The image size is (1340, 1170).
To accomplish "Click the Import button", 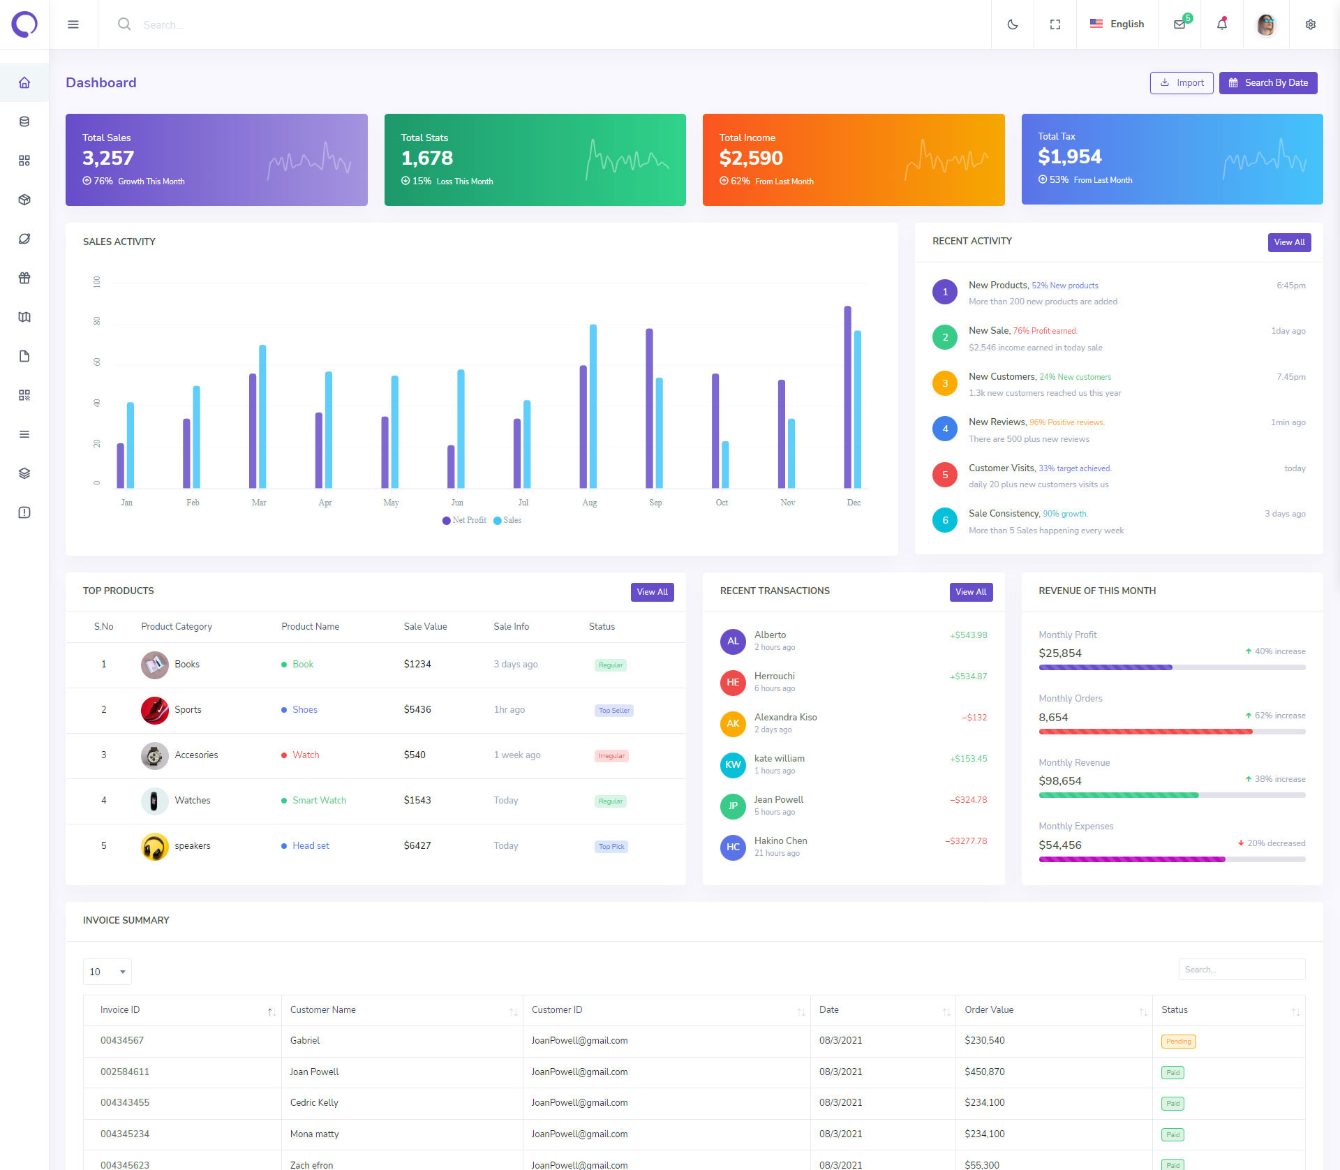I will coord(1181,83).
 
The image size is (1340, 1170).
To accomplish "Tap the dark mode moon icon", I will coord(1012,24).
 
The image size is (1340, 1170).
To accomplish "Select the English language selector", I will coord(1117,24).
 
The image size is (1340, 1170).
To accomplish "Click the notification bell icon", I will coord(1221,24).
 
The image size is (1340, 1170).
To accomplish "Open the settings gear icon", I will coord(1310,24).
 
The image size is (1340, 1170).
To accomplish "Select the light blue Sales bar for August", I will coord(593,406).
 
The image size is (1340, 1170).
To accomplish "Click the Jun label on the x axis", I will coord(457,503).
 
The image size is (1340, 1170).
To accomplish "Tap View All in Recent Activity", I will coord(1288,242).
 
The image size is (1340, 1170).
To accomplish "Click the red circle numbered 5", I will coord(945,475).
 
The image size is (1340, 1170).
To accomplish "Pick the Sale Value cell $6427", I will coord(417,846).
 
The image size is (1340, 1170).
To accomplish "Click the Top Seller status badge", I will coord(614,711).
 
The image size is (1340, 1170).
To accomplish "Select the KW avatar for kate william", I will coord(733,764).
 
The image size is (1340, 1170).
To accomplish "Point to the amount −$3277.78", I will coord(966,841).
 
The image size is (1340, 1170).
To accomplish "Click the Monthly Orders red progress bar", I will coord(1145,732).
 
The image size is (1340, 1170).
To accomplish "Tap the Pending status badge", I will coord(1178,1042).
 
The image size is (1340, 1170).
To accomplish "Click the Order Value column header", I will coord(989,1010).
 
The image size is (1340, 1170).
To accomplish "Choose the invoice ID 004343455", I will coord(125,1103).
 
